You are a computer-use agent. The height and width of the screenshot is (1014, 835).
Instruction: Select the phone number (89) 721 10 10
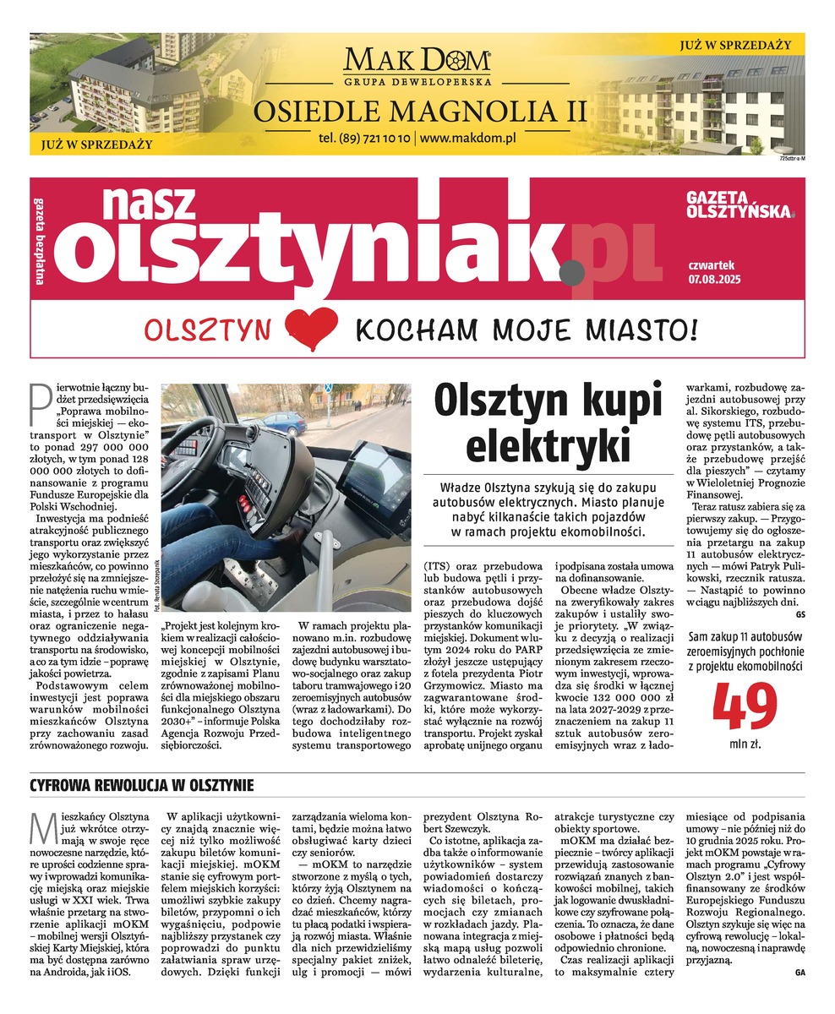point(365,138)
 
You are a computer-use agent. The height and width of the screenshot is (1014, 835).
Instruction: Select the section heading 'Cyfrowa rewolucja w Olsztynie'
point(142,786)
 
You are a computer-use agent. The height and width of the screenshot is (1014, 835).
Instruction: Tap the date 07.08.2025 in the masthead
point(714,279)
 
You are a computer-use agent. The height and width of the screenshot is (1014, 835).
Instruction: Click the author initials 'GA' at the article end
point(800,973)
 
